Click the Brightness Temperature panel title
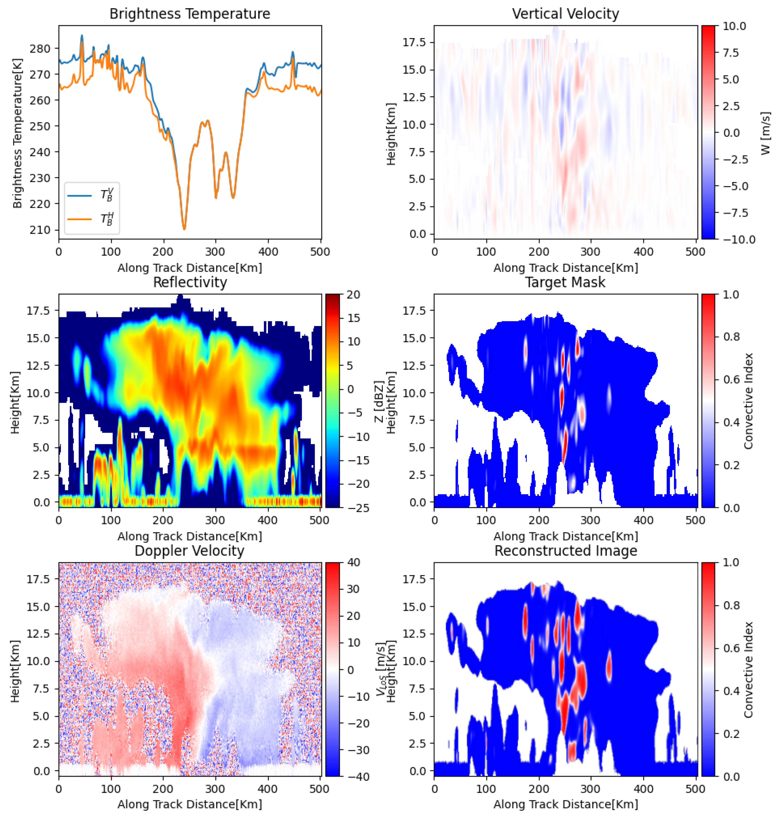point(190,14)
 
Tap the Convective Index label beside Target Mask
point(748,401)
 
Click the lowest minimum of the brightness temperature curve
point(184,229)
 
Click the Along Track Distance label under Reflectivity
point(190,536)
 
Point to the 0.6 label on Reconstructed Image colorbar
point(731,648)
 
